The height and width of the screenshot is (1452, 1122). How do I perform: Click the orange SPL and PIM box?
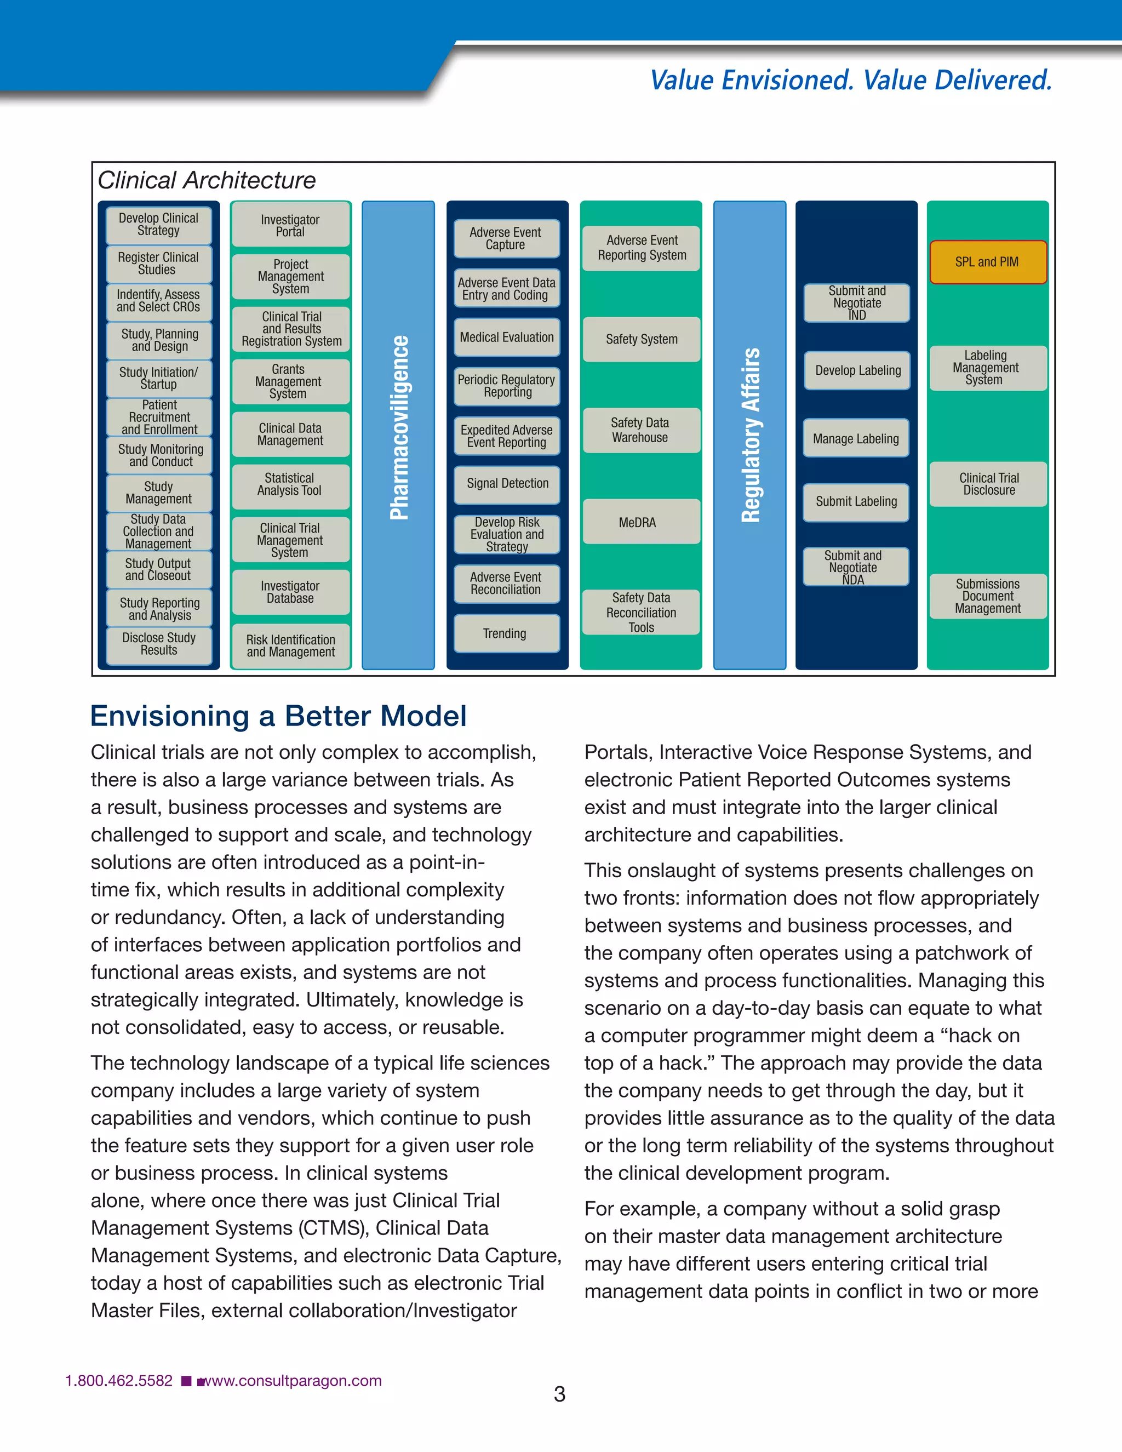click(x=988, y=262)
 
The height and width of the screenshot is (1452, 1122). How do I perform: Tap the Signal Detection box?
click(x=507, y=484)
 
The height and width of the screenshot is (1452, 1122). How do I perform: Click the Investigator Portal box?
click(x=290, y=225)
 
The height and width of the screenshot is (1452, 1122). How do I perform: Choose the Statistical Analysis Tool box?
click(x=290, y=485)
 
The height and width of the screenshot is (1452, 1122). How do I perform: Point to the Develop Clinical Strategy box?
click(x=159, y=225)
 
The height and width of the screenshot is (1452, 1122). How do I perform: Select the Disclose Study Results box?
click(x=159, y=644)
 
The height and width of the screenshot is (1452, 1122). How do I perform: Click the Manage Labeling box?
click(x=856, y=438)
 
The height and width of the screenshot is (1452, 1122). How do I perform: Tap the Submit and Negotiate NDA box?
click(x=855, y=567)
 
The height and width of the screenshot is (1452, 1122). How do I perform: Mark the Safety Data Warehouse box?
click(x=641, y=430)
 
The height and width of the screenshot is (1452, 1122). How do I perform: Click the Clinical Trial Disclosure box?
click(x=988, y=484)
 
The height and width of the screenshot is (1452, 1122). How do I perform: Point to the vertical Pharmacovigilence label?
click(x=399, y=428)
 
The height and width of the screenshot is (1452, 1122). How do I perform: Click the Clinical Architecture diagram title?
click(x=207, y=180)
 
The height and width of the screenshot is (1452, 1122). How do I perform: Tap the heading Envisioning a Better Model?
click(x=278, y=716)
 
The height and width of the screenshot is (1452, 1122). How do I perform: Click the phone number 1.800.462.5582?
click(x=119, y=1381)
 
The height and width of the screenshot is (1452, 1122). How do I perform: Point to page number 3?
click(x=560, y=1394)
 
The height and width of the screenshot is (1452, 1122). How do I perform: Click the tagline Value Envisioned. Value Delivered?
click(x=851, y=80)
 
